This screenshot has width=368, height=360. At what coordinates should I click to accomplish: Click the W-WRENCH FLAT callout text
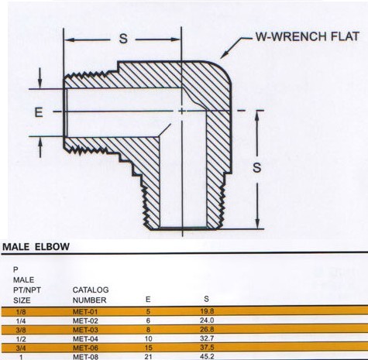point(308,36)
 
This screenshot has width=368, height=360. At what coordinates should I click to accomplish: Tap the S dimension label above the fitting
point(123,39)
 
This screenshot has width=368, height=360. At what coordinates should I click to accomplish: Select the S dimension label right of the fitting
point(256,167)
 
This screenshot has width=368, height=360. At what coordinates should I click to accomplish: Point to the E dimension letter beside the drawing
point(39,112)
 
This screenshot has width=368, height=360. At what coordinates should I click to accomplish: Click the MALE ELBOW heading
point(36,247)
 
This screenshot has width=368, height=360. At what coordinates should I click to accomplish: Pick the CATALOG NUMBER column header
point(91,295)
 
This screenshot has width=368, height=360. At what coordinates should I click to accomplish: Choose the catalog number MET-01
point(85,311)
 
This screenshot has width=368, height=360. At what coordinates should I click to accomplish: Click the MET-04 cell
point(85,338)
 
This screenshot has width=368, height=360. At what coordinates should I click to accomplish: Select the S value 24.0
point(207,321)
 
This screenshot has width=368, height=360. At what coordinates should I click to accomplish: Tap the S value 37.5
point(207,348)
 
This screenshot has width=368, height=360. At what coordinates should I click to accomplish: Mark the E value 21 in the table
point(148,357)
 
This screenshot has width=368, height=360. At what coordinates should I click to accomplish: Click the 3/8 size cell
point(21,330)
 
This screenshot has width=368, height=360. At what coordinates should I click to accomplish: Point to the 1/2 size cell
point(21,339)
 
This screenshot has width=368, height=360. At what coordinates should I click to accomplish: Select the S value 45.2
point(207,356)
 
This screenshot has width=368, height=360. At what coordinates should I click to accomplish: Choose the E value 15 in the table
point(148,348)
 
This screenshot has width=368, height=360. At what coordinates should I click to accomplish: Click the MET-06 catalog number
point(85,348)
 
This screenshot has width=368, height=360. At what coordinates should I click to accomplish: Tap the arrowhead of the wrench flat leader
point(222,57)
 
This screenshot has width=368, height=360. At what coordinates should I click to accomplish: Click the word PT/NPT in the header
point(27,290)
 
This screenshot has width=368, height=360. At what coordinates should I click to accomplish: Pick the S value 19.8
point(207,311)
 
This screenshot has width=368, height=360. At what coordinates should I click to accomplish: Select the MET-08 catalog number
point(85,357)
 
